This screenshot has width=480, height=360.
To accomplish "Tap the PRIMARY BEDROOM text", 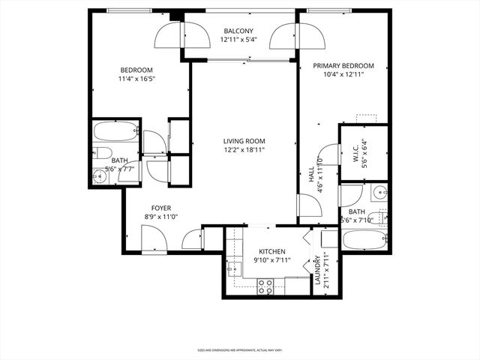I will coord(343,66).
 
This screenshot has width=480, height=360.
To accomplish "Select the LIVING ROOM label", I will coord(243,140).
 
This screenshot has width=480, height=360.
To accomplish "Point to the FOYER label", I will coord(161,208).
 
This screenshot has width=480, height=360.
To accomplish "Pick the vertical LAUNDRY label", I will coord(317,271).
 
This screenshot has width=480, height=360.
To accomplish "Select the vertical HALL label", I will coord(311,173).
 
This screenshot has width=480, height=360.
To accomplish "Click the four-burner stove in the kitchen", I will coord(265,285).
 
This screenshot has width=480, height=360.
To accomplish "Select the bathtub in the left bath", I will coord(116,136).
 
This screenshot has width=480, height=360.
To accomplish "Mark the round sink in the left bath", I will coord(100,177).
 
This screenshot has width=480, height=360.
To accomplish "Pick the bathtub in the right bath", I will coord(364,241).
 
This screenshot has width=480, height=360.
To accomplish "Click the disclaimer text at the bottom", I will coord(239,349).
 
